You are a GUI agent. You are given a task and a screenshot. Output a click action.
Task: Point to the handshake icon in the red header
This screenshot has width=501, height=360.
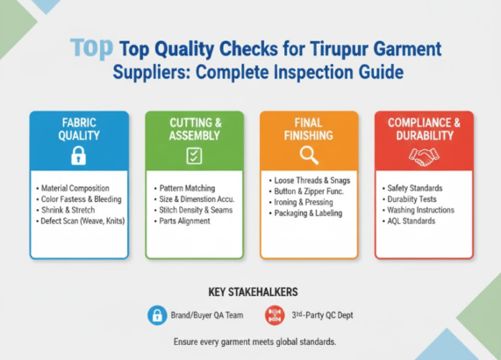(424, 156)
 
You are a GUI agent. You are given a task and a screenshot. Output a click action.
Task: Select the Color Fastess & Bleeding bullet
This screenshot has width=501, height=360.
(82, 199)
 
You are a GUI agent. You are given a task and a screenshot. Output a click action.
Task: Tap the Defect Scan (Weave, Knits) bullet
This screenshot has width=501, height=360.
(82, 220)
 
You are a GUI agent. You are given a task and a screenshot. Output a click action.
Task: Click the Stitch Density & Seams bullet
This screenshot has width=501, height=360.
(197, 210)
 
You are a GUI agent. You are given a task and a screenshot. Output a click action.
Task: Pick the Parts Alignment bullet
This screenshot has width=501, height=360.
(184, 220)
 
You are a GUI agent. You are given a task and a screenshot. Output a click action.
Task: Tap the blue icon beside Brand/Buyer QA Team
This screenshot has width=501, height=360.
(157, 314)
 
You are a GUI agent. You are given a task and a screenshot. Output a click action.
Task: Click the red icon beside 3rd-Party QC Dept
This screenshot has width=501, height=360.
(275, 314)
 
